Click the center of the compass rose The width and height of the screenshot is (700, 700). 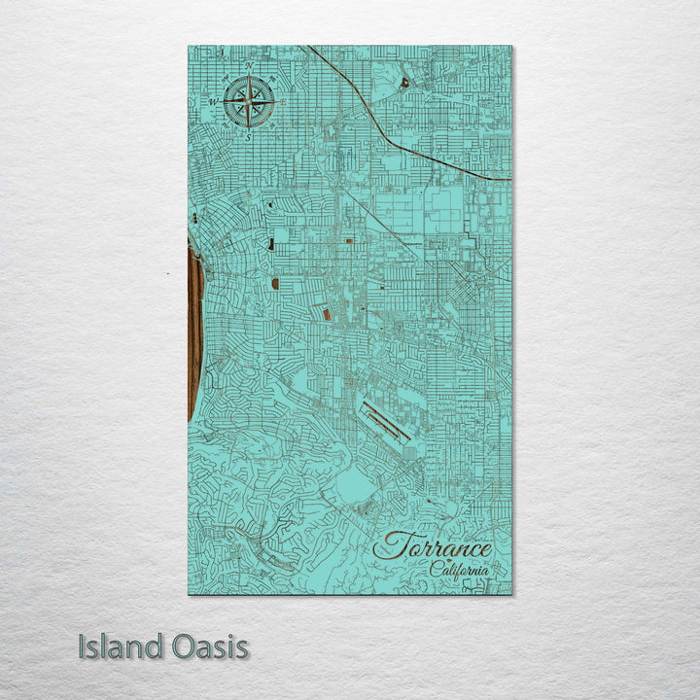tap(249, 101)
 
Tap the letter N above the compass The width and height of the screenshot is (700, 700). tap(249, 66)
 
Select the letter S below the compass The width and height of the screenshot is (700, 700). tap(248, 137)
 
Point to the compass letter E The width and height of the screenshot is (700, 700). tap(283, 101)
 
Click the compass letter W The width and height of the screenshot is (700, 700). tap(213, 101)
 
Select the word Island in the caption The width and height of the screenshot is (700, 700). tap(117, 647)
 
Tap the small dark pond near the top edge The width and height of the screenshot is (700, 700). tap(403, 84)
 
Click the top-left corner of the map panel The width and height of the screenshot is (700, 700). tap(188, 46)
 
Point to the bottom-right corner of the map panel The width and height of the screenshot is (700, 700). tap(511, 594)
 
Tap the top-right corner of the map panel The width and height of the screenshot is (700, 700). tap(511, 46)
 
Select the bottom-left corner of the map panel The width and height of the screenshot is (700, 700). tap(188, 594)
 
